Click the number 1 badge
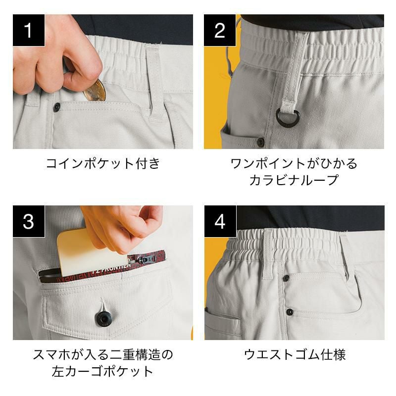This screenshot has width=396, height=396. (x=29, y=30)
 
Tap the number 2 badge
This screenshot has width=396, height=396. (x=220, y=30)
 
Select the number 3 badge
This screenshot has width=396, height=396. (x=29, y=221)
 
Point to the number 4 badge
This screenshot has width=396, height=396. (x=220, y=221)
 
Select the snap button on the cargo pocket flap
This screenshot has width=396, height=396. (x=103, y=319)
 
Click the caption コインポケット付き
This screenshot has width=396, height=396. (x=103, y=163)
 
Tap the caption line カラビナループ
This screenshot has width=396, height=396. (x=294, y=180)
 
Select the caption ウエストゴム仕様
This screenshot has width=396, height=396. (x=295, y=354)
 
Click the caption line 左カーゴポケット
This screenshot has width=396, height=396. (x=103, y=371)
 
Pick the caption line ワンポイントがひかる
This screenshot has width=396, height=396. (x=294, y=163)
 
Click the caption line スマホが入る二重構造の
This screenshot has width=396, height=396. (x=103, y=354)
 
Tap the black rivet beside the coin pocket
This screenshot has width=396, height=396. (x=57, y=107)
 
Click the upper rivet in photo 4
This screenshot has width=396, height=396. (x=286, y=278)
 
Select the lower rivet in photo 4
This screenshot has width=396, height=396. (x=290, y=312)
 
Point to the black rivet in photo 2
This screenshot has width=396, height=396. (x=260, y=142)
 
